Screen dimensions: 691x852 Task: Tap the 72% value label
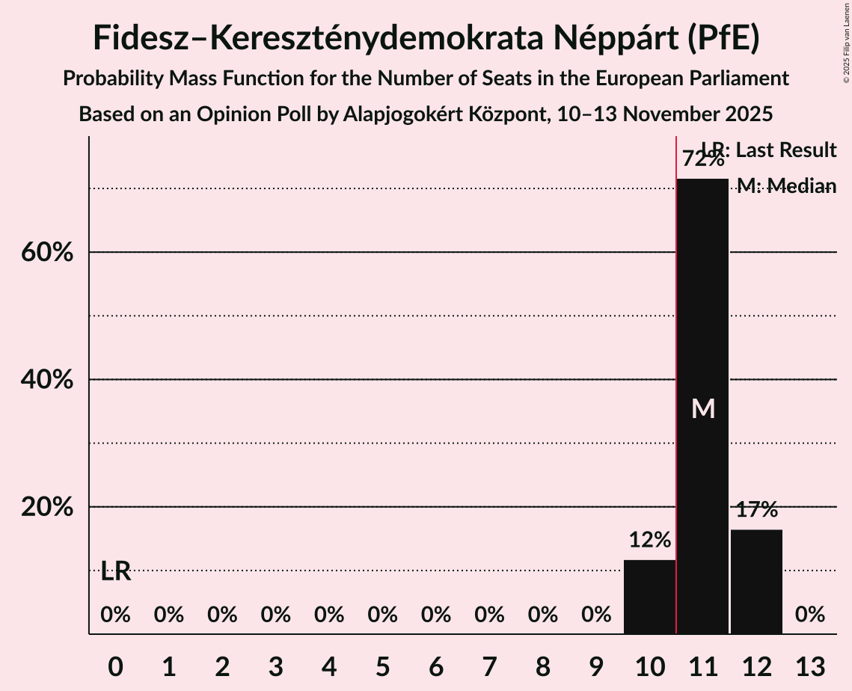point(702,159)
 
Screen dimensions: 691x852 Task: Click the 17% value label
point(756,511)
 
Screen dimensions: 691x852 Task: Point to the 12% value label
point(649,540)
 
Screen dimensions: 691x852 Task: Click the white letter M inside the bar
point(703,408)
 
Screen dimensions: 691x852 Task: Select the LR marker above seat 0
point(116,572)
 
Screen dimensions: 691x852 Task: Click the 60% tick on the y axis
point(46,253)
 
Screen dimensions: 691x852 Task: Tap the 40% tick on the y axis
point(46,380)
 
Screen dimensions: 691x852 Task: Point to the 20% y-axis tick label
point(46,507)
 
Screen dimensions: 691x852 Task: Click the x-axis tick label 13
point(809,666)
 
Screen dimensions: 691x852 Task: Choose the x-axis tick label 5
point(382,666)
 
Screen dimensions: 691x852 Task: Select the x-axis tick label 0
point(115,666)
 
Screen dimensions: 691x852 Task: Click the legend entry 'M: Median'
point(786,186)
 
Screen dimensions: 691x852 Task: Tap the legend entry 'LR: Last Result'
point(768,150)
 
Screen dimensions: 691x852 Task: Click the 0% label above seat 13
point(809,615)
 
